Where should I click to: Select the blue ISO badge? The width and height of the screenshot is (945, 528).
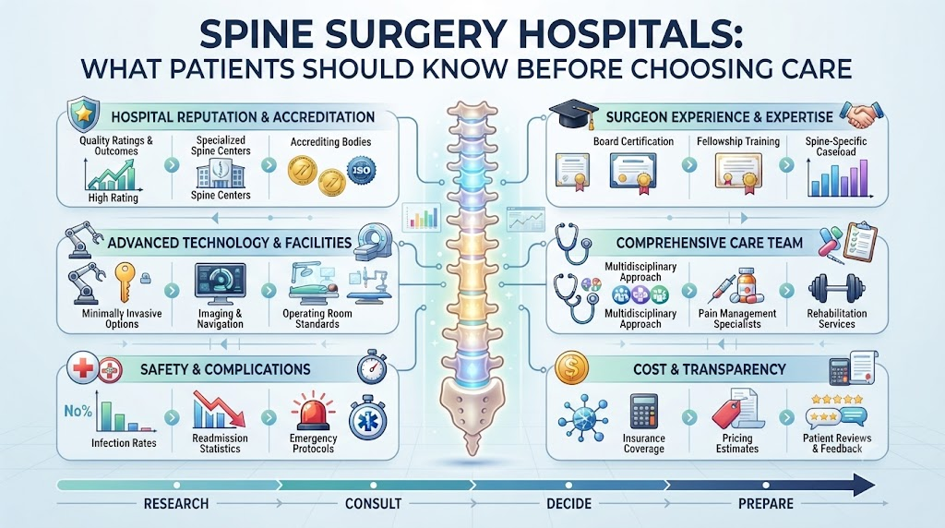click(x=362, y=171)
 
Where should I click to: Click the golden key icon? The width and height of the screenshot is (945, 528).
click(x=125, y=281)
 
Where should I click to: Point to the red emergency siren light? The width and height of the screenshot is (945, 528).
click(x=312, y=411)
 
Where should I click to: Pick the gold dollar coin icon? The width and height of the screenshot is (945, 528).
click(x=570, y=368)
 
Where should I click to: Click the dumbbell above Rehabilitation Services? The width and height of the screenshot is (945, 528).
click(x=836, y=288)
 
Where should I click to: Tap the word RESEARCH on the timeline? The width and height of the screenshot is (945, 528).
click(x=176, y=504)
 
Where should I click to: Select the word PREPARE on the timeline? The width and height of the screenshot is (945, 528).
click(x=765, y=504)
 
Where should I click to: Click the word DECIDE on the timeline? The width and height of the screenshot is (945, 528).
click(x=568, y=504)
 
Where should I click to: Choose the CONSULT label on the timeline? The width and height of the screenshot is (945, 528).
click(x=373, y=504)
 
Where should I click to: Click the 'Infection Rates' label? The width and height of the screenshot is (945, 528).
click(x=124, y=443)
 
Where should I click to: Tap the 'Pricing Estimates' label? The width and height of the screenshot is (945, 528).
click(x=737, y=443)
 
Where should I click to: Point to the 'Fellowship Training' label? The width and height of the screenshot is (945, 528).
click(x=738, y=141)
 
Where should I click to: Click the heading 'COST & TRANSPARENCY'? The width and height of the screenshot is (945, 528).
click(x=710, y=369)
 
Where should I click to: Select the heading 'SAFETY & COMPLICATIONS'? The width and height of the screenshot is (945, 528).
click(x=225, y=369)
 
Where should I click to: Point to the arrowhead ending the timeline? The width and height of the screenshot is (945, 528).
click(x=865, y=486)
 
